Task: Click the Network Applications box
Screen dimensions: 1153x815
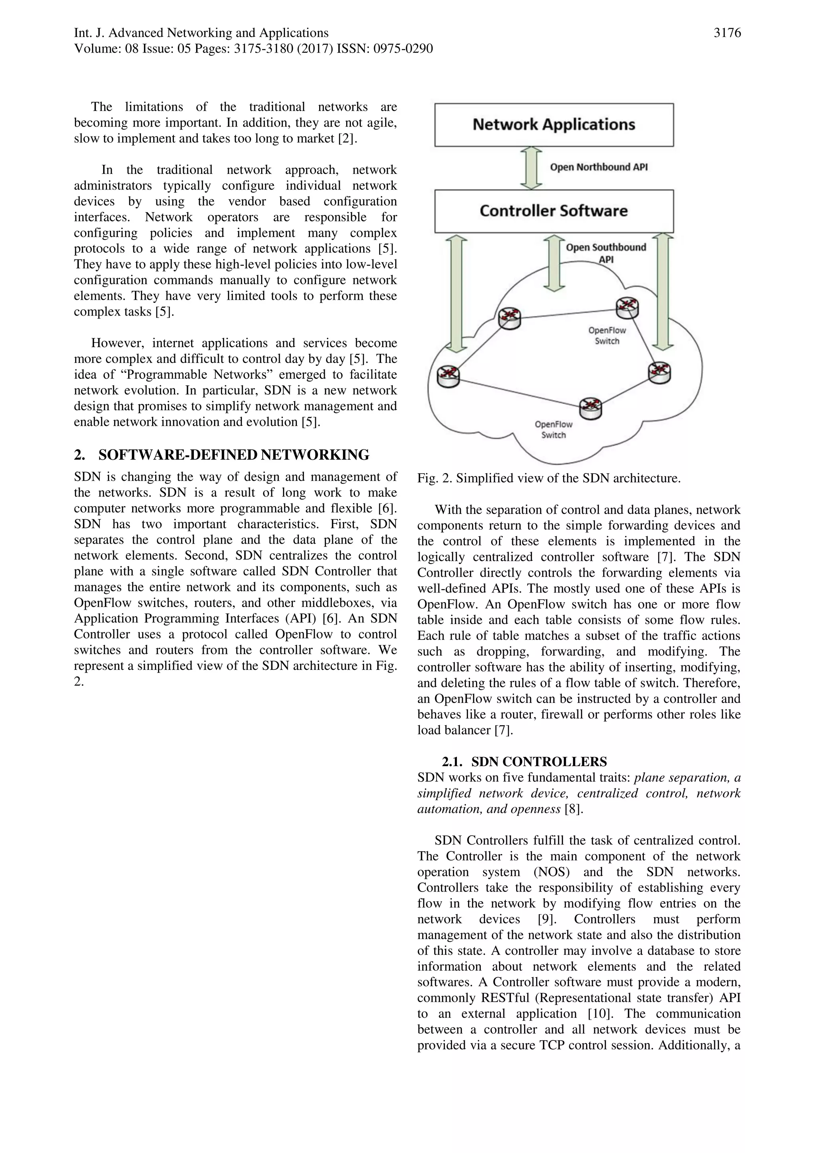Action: tap(554, 125)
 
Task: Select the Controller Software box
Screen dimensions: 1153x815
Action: tap(554, 211)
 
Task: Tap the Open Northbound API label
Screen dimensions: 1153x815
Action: tap(599, 167)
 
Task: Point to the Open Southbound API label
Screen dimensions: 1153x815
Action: tap(606, 253)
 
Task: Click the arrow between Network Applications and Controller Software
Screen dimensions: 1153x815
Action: tap(531, 168)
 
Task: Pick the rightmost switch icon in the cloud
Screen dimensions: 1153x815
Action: tap(659, 373)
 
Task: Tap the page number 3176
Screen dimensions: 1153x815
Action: tap(727, 33)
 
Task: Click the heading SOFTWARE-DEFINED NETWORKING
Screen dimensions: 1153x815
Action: tap(234, 455)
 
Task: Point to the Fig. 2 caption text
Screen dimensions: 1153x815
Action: tap(548, 478)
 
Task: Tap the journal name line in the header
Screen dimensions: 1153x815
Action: tap(201, 33)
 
